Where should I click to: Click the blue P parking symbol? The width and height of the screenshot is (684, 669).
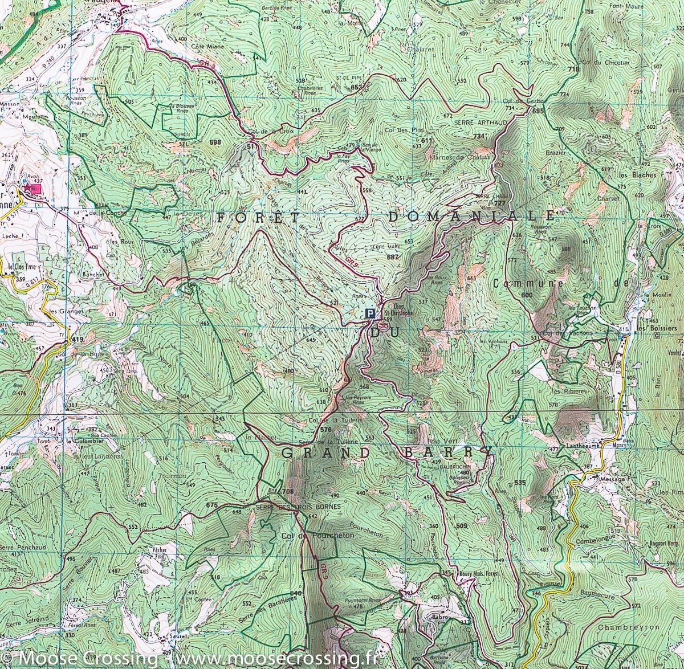[370, 313]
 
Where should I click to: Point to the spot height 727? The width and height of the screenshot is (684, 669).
[500, 203]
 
